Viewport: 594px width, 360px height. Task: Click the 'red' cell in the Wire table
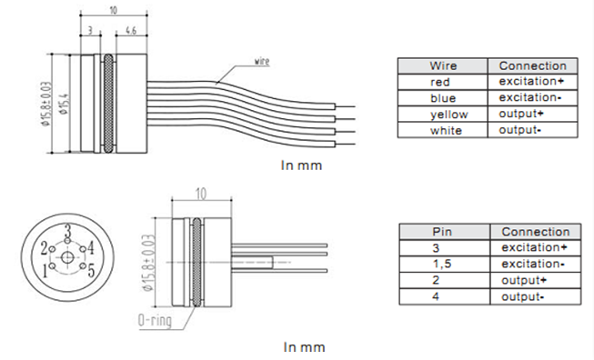[443, 82]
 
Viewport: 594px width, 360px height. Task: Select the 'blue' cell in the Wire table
[443, 98]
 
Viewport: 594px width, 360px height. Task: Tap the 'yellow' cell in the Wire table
[443, 115]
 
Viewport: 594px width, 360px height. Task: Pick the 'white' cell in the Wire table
[443, 131]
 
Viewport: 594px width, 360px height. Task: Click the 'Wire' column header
[443, 65]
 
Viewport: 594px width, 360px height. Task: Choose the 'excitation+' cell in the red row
[532, 82]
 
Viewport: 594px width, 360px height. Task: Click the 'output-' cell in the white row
[532, 131]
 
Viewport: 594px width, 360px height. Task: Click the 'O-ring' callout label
[153, 321]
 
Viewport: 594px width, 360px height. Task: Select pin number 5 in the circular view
[91, 270]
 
